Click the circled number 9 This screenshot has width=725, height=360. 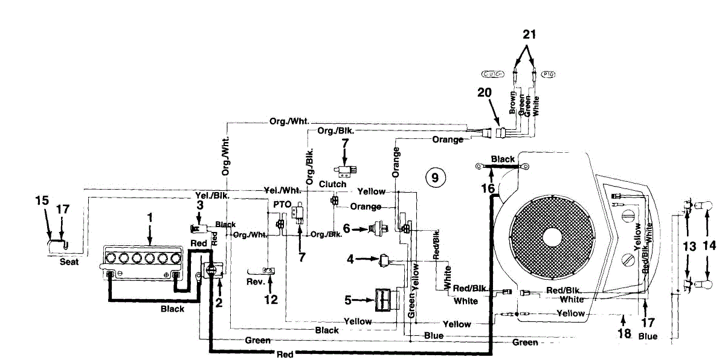point(435,177)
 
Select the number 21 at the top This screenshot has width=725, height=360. point(529,34)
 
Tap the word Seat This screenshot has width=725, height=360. point(69,263)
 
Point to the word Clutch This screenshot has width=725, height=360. point(333,184)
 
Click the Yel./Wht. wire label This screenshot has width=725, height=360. point(282,190)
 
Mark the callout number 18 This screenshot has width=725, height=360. point(625,333)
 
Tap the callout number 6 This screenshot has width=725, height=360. point(346,228)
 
